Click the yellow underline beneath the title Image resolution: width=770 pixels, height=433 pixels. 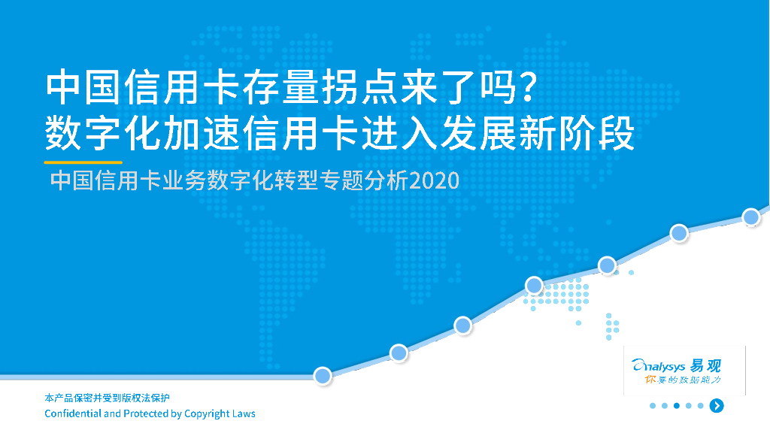pos(83,162)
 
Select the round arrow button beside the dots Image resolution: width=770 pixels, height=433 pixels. pos(717,406)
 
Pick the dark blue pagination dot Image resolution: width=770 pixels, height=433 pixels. pos(677,406)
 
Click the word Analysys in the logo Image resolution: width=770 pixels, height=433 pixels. pos(659,367)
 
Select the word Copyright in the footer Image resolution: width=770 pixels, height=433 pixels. pos(209,413)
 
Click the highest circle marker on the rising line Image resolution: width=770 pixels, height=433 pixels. pos(750,217)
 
